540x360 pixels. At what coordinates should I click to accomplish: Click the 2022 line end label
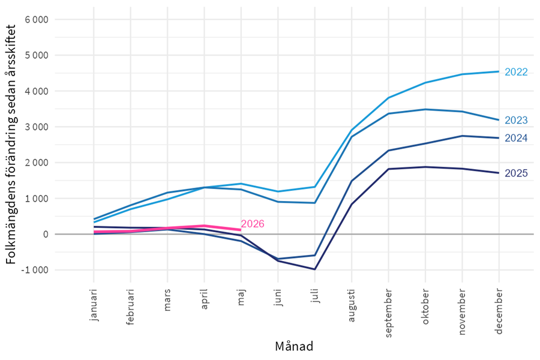[x=516, y=72]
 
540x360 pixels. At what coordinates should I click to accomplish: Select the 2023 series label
[x=516, y=120]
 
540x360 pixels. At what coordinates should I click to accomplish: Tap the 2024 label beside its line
[x=516, y=138]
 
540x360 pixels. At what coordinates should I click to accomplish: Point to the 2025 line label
[x=516, y=173]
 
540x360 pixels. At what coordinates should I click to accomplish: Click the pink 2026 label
[x=253, y=224]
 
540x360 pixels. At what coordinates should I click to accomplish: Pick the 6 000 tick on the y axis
[x=37, y=20]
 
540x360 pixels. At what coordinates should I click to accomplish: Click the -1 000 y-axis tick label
[x=34, y=270]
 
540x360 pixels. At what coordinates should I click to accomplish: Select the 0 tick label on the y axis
[x=46, y=234]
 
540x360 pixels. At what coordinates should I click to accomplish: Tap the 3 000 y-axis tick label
[x=37, y=127]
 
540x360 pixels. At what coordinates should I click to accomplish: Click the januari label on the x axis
[x=94, y=305]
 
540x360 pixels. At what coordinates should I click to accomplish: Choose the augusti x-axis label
[x=351, y=305]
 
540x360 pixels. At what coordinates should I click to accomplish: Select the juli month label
[x=315, y=296]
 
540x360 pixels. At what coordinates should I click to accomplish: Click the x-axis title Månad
[x=294, y=346]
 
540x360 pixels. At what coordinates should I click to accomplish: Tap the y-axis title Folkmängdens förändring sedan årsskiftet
[x=11, y=145]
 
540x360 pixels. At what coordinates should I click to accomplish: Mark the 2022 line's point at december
[x=499, y=71]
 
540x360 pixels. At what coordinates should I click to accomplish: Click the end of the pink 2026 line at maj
[x=241, y=230]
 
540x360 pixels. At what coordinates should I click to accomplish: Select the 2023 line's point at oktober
[x=425, y=110]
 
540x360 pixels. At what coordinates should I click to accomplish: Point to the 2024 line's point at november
[x=462, y=136]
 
